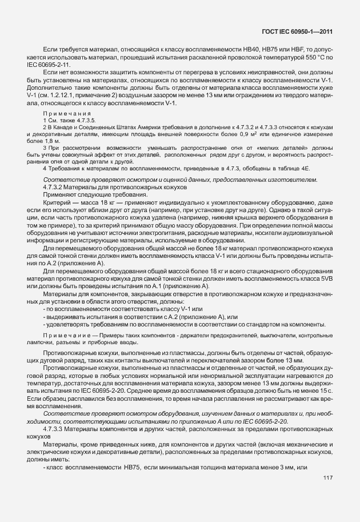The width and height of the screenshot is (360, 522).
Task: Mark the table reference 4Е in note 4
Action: tap(305, 184)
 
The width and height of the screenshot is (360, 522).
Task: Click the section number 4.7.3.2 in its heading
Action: tap(54, 204)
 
